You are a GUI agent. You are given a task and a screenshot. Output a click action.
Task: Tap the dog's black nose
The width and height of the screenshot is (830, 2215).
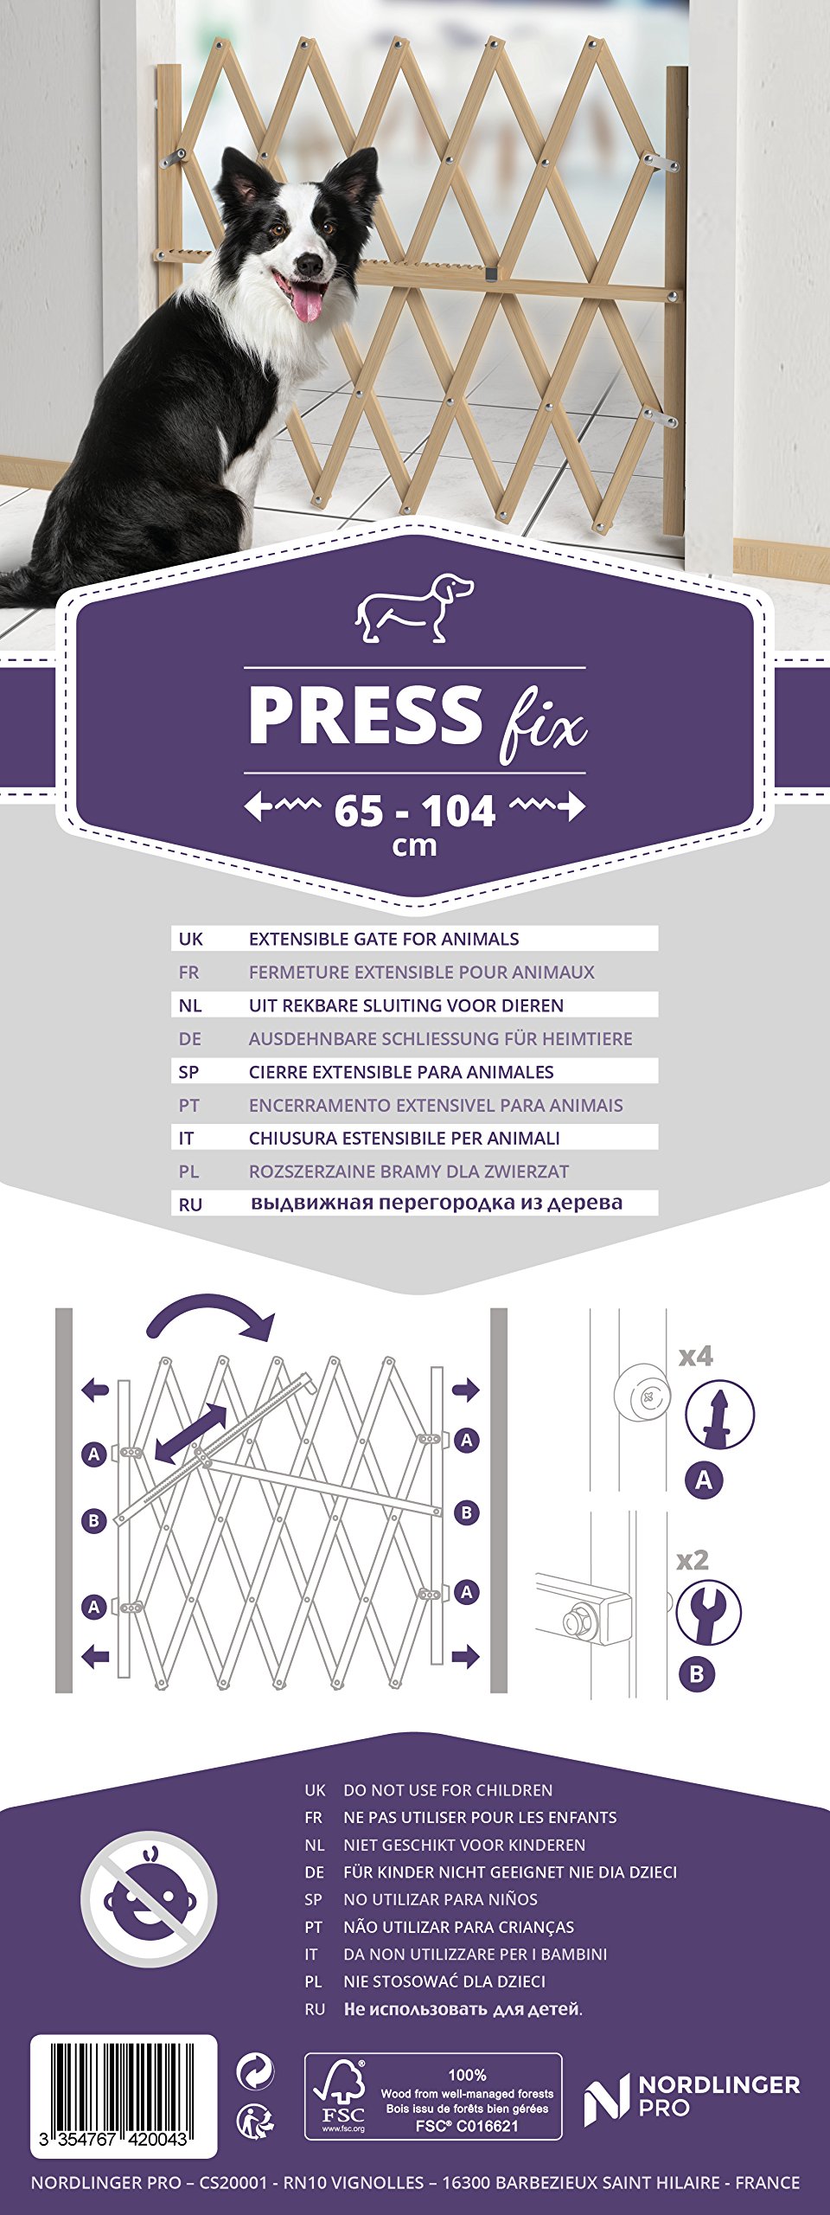click(309, 261)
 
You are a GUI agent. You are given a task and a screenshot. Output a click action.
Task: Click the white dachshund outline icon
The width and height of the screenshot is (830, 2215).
click(414, 607)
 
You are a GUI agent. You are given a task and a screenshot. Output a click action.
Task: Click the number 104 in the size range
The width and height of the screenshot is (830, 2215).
click(458, 812)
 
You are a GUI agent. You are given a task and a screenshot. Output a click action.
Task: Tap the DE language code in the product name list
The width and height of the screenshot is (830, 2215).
click(189, 1038)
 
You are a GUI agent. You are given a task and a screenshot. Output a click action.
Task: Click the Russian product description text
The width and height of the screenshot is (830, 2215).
click(437, 1203)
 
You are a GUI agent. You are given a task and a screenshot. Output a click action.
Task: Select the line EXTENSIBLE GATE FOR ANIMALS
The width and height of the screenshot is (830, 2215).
click(384, 939)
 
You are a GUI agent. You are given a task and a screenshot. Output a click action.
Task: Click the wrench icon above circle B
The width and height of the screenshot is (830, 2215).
click(708, 1612)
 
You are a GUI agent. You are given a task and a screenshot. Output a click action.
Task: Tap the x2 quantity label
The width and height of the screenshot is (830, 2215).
click(693, 1560)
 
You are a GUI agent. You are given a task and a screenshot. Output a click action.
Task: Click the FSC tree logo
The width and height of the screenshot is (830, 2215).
click(343, 2095)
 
